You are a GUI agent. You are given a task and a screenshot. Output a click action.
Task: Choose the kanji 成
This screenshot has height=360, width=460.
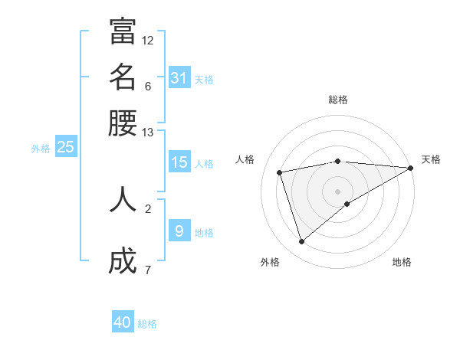(x=123, y=261)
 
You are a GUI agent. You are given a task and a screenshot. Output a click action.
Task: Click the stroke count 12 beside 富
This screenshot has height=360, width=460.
(x=148, y=40)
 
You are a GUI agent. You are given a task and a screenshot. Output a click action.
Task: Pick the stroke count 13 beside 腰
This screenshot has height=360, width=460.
(x=148, y=133)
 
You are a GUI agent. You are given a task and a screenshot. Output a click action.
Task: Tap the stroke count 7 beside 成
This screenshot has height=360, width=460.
(x=148, y=270)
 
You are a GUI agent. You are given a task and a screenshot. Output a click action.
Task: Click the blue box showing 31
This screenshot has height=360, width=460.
(x=179, y=77)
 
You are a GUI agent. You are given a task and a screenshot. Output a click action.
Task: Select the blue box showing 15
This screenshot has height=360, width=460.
(x=179, y=162)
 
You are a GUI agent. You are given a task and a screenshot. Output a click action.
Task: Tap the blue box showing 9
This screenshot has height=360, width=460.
(x=179, y=230)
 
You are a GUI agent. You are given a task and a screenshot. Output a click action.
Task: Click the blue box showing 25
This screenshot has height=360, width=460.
(x=65, y=147)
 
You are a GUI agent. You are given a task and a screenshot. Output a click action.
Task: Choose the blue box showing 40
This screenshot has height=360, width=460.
(x=123, y=322)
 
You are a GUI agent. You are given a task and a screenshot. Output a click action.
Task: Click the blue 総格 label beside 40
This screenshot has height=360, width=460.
(x=147, y=324)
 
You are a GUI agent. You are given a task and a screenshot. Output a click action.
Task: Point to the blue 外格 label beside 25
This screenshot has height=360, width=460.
(x=41, y=149)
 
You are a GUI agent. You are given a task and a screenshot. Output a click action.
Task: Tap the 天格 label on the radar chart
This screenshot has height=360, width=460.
(x=431, y=159)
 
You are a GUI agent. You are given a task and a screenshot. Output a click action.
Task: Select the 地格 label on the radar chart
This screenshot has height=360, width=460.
(x=402, y=262)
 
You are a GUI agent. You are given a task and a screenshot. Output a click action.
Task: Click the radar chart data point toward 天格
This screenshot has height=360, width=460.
(x=411, y=169)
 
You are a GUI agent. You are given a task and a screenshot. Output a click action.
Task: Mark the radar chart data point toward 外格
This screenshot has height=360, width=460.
(x=301, y=242)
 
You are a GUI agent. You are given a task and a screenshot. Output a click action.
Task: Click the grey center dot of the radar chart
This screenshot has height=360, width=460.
(x=337, y=191)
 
